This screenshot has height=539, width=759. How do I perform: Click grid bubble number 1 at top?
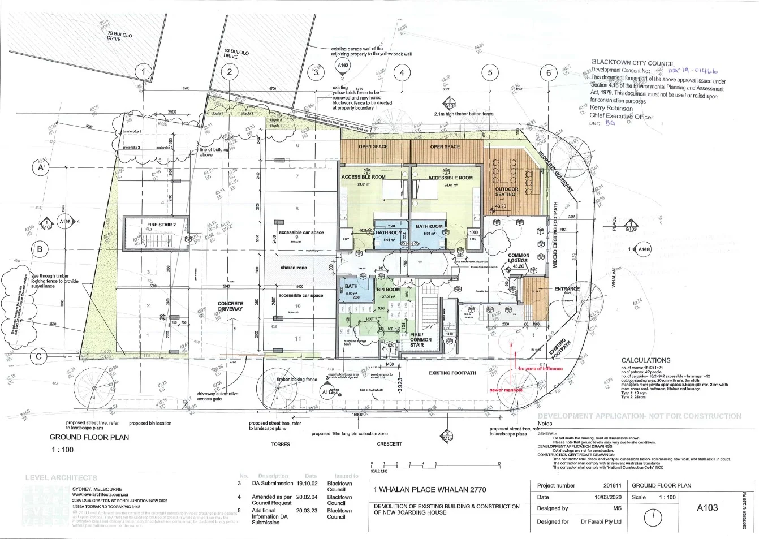[144, 72]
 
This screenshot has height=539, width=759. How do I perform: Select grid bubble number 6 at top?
[549, 72]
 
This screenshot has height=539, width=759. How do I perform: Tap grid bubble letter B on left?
[40, 249]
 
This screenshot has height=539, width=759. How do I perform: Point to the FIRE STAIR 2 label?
[161, 225]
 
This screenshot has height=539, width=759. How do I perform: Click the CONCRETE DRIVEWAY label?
[230, 307]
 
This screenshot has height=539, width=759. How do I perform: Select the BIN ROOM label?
[388, 290]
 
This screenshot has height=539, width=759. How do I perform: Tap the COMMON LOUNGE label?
[518, 258]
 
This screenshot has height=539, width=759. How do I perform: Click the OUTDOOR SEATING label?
[506, 192]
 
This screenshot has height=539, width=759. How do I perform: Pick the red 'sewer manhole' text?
[506, 390]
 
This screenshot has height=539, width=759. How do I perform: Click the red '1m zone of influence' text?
[540, 369]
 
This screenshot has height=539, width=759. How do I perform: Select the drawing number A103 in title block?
[706, 507]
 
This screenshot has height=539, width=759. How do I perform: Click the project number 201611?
[612, 485]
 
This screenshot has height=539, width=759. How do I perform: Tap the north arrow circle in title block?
[653, 517]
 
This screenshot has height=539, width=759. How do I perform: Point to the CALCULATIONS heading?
[645, 360]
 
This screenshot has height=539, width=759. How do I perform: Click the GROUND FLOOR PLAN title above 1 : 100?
[89, 437]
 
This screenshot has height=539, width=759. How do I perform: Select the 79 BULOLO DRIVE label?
[119, 36]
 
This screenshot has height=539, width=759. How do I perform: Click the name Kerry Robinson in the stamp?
[611, 107]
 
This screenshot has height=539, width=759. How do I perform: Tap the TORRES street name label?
[280, 444]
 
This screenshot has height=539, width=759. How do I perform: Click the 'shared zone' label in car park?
[294, 268]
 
